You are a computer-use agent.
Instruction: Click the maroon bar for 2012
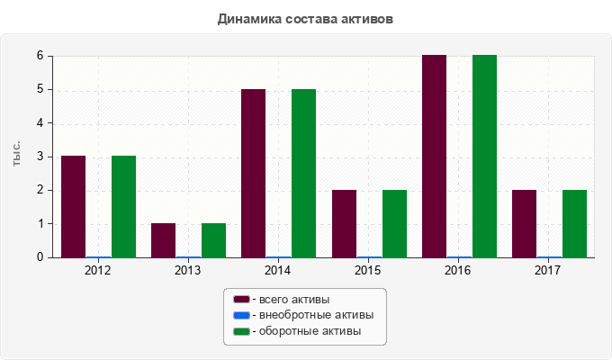pyautogui.click(x=73, y=206)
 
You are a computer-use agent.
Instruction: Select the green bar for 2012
pyautogui.click(x=123, y=206)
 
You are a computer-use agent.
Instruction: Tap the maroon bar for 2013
pyautogui.click(x=163, y=240)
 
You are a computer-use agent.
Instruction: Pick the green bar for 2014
pyautogui.click(x=303, y=173)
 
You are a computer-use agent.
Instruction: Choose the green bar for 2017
pyautogui.click(x=574, y=223)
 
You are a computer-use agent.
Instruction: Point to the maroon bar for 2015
pyautogui.click(x=344, y=223)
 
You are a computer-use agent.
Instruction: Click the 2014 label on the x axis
pyautogui.click(x=278, y=270)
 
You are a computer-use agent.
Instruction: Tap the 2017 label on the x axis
pyautogui.click(x=548, y=270)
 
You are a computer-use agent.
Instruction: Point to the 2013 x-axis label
pyautogui.click(x=188, y=270)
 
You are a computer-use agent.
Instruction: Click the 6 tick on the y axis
pyautogui.click(x=40, y=56)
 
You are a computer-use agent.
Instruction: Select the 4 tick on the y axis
pyautogui.click(x=40, y=122)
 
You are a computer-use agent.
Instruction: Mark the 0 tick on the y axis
pyautogui.click(x=40, y=257)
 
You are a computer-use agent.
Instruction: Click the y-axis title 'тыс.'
pyautogui.click(x=16, y=155)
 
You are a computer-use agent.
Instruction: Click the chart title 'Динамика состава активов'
pyautogui.click(x=305, y=18)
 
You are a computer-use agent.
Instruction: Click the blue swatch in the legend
pyautogui.click(x=240, y=315)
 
